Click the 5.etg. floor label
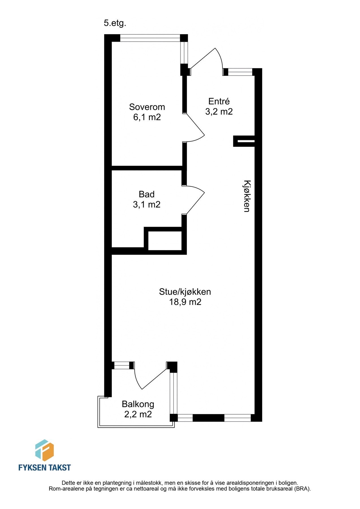point(115,23)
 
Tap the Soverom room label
point(147,107)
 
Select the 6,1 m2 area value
point(147,117)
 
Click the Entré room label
point(219,101)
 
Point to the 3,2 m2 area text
point(219,112)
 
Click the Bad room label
point(146,194)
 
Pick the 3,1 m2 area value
point(146,204)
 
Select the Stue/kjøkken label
point(185,292)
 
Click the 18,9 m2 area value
point(185,302)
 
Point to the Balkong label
point(138,404)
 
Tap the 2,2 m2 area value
point(138,414)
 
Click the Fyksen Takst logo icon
point(44,450)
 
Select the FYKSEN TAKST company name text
point(44,468)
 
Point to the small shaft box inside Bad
point(165,241)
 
